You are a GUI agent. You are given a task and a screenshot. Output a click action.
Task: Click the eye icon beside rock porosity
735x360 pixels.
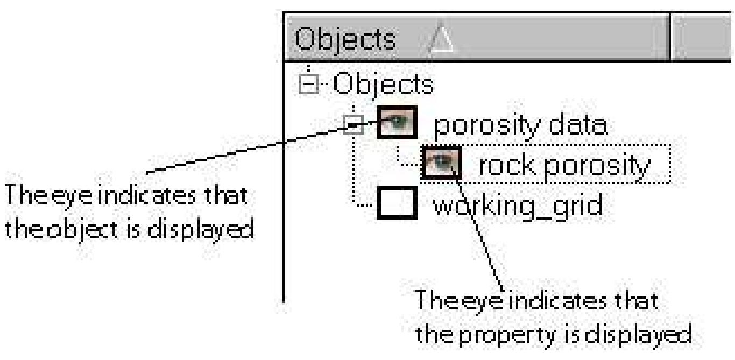click(441, 164)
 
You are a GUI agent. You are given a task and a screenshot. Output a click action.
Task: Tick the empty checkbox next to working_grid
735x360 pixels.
click(398, 204)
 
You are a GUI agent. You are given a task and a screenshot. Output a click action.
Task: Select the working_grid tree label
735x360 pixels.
click(517, 205)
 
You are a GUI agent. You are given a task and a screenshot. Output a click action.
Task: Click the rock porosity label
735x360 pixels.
click(563, 166)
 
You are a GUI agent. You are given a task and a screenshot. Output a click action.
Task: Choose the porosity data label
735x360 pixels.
click(520, 125)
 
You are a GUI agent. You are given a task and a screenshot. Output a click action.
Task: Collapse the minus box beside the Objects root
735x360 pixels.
click(307, 85)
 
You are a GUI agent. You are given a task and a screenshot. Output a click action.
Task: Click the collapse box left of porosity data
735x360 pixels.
click(351, 125)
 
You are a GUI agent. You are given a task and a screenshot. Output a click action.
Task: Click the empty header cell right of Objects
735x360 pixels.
click(702, 38)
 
